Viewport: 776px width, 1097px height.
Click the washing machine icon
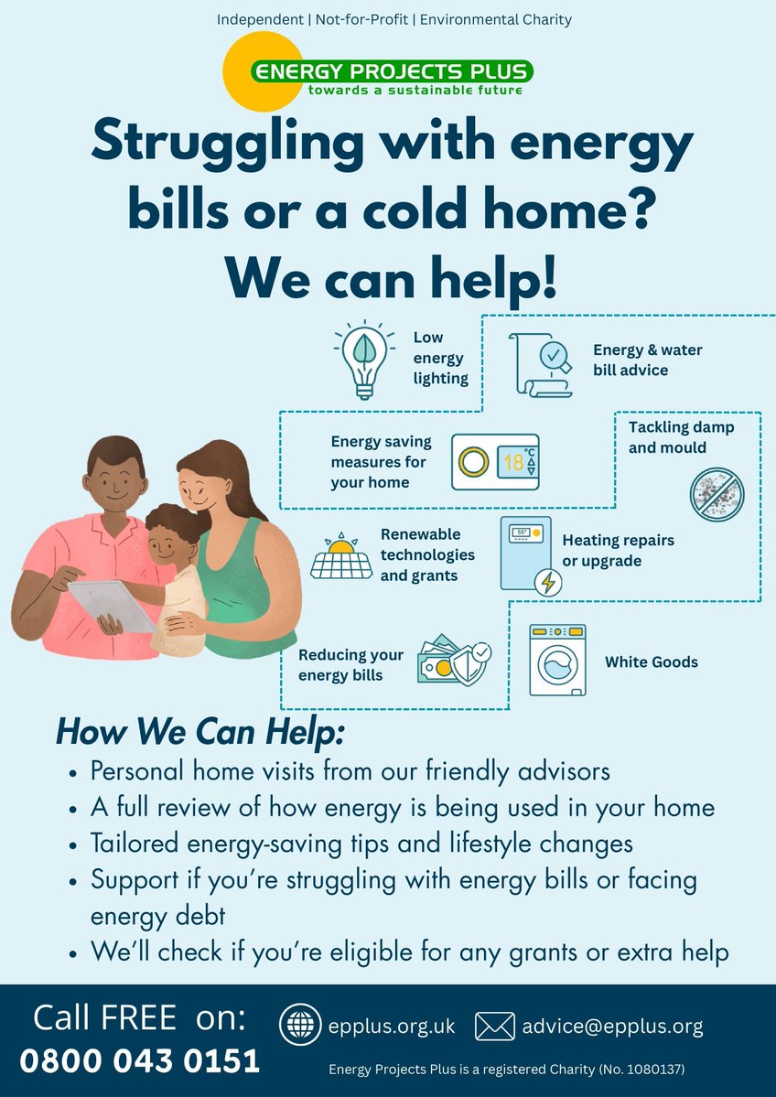coord(557,661)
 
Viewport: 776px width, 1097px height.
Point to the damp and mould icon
coord(717,494)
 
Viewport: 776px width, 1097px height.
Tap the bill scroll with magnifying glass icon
coord(540,363)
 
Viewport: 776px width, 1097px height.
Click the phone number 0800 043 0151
coord(140,1060)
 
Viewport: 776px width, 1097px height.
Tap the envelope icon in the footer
coord(494,1027)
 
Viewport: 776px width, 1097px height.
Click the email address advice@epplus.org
coord(612,1027)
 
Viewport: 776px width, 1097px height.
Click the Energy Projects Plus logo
coord(378,73)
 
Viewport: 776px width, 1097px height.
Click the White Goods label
coord(651,661)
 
